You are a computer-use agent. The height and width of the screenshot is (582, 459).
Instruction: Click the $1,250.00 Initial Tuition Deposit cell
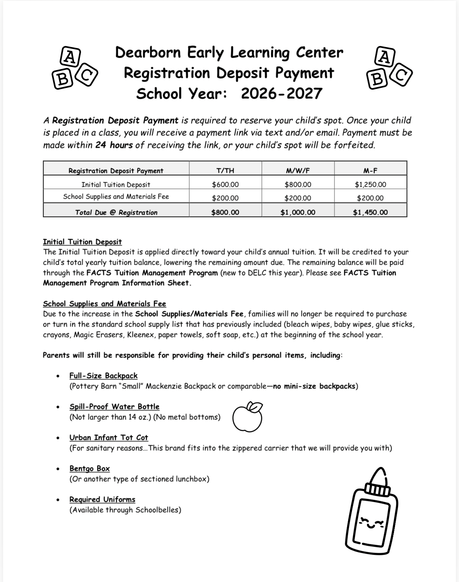370,185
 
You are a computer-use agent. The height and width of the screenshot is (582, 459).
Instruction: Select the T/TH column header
225,170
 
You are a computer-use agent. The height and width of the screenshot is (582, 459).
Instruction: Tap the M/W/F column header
298,170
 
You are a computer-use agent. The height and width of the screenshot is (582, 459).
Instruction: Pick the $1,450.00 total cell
370,212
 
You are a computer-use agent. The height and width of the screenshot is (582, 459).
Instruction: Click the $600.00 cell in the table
225,185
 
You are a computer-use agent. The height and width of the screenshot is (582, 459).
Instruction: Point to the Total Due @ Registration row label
116,212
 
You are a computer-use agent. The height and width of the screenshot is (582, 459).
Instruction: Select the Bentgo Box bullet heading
89,468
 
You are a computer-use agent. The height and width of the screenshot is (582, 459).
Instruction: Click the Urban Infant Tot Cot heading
108,437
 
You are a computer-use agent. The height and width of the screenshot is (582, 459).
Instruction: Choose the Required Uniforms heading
102,499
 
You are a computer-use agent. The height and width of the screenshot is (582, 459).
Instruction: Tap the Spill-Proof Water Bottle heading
114,406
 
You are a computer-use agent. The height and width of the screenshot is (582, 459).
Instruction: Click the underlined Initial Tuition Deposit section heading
82,242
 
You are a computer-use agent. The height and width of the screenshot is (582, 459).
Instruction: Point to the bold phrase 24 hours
114,145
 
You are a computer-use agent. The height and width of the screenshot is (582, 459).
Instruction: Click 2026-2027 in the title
282,94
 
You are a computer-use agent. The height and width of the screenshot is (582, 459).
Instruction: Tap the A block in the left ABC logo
71,57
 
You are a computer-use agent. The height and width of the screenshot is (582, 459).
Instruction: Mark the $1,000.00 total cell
298,212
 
